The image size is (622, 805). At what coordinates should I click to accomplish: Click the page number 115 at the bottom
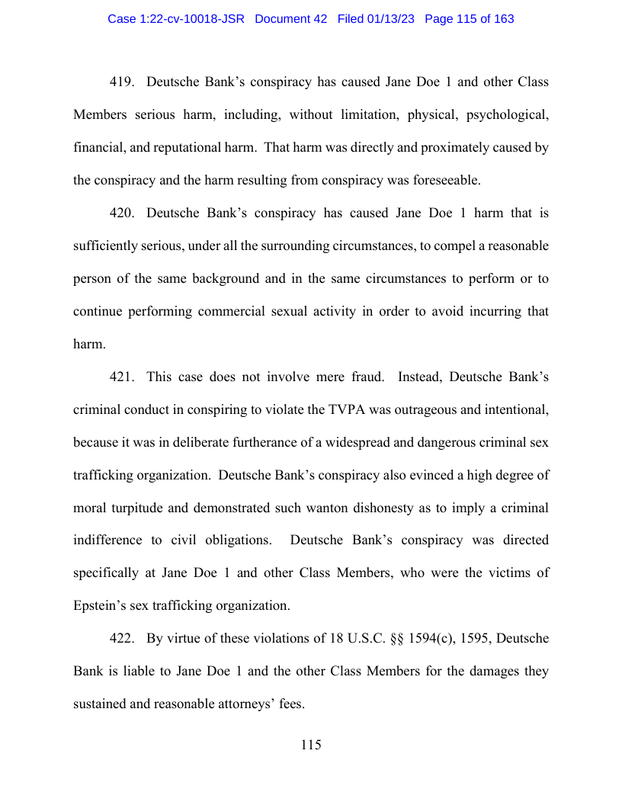311,745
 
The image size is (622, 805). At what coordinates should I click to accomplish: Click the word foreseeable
442,181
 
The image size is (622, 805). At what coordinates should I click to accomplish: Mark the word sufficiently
110,246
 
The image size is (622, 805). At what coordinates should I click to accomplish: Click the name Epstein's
101,607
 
